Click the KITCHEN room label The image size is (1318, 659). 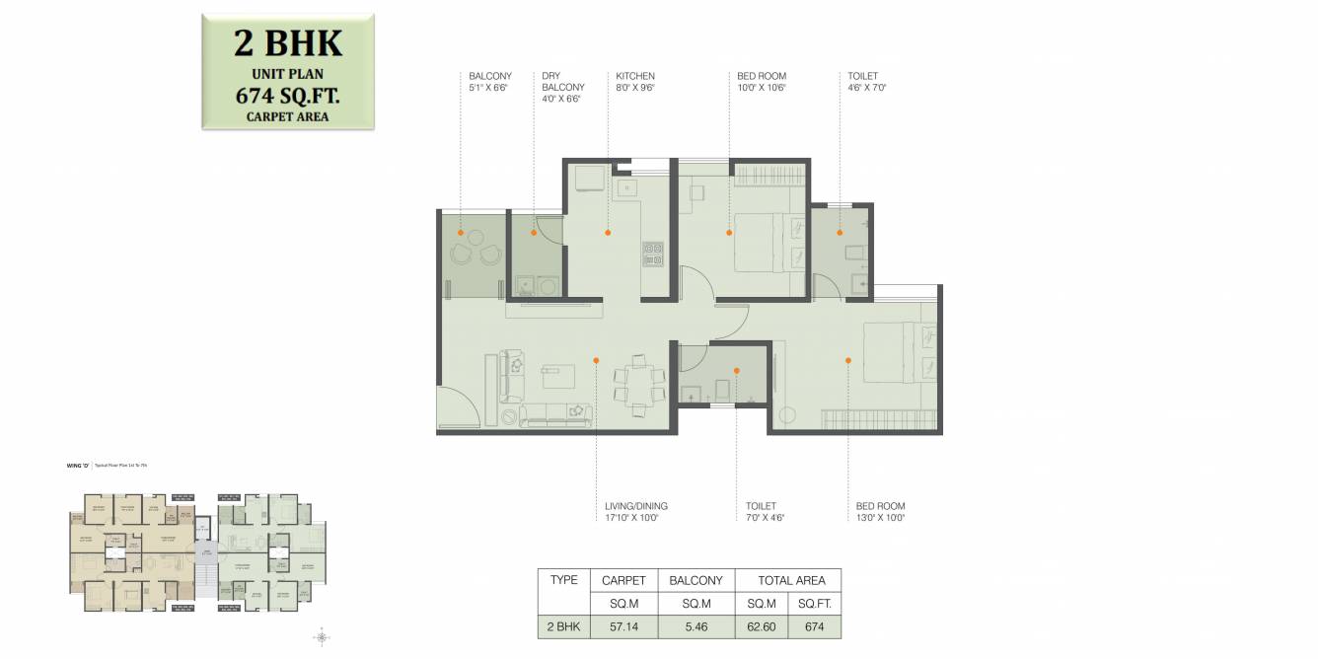pyautogui.click(x=635, y=76)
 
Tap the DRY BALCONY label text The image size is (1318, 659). pyautogui.click(x=562, y=82)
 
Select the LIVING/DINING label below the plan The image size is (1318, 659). pyautogui.click(x=636, y=506)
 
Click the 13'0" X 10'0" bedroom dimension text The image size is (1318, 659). pyautogui.click(x=880, y=517)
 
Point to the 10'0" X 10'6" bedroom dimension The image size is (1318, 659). pyautogui.click(x=762, y=87)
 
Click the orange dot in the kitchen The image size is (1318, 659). pyautogui.click(x=608, y=233)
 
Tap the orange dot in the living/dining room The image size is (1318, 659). pyautogui.click(x=596, y=360)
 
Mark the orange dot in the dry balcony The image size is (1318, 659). pyautogui.click(x=535, y=233)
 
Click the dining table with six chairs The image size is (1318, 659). pyautogui.click(x=632, y=384)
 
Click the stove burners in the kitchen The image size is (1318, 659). pyautogui.click(x=653, y=255)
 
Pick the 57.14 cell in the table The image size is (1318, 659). pyautogui.click(x=623, y=626)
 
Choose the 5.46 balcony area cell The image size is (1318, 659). pyautogui.click(x=696, y=626)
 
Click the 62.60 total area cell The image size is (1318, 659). pyautogui.click(x=762, y=626)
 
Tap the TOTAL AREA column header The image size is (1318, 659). pyautogui.click(x=785, y=580)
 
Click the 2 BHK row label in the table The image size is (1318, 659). pyautogui.click(x=563, y=626)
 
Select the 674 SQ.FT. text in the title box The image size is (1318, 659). pyautogui.click(x=288, y=96)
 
